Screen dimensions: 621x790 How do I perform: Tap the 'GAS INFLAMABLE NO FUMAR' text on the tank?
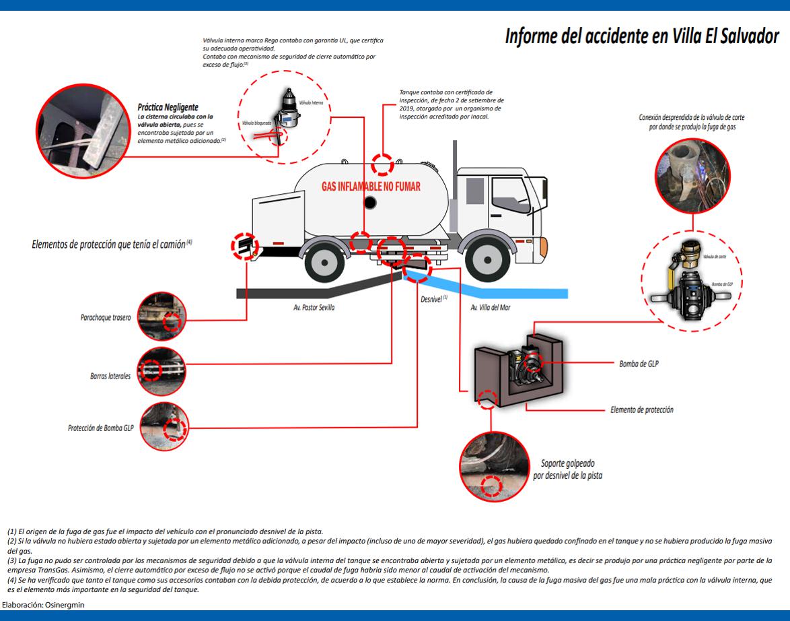[371, 186]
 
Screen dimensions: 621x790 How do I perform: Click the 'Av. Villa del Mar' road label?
[491, 307]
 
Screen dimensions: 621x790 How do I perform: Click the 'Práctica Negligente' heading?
[168, 106]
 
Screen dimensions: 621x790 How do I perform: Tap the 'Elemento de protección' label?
[641, 410]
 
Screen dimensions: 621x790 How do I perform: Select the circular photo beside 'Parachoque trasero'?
[161, 317]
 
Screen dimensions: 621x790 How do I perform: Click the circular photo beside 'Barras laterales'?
[161, 371]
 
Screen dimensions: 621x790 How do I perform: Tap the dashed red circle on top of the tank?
[384, 163]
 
